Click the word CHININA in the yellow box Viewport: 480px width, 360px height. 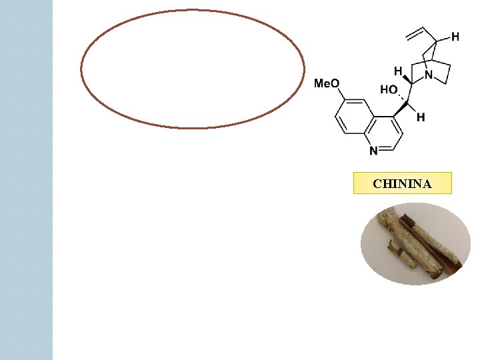point(402,183)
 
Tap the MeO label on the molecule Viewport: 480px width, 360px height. point(327,83)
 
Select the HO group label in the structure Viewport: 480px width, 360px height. point(389,90)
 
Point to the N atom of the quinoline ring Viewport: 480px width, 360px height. point(373,151)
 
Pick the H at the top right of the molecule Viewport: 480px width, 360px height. point(455,37)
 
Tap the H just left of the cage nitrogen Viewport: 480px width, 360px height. point(398,70)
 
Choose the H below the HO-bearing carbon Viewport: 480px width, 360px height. point(421,117)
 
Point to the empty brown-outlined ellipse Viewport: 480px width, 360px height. point(193,69)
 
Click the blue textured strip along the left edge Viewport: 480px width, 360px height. point(26,180)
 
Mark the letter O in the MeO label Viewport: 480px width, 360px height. point(335,83)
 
